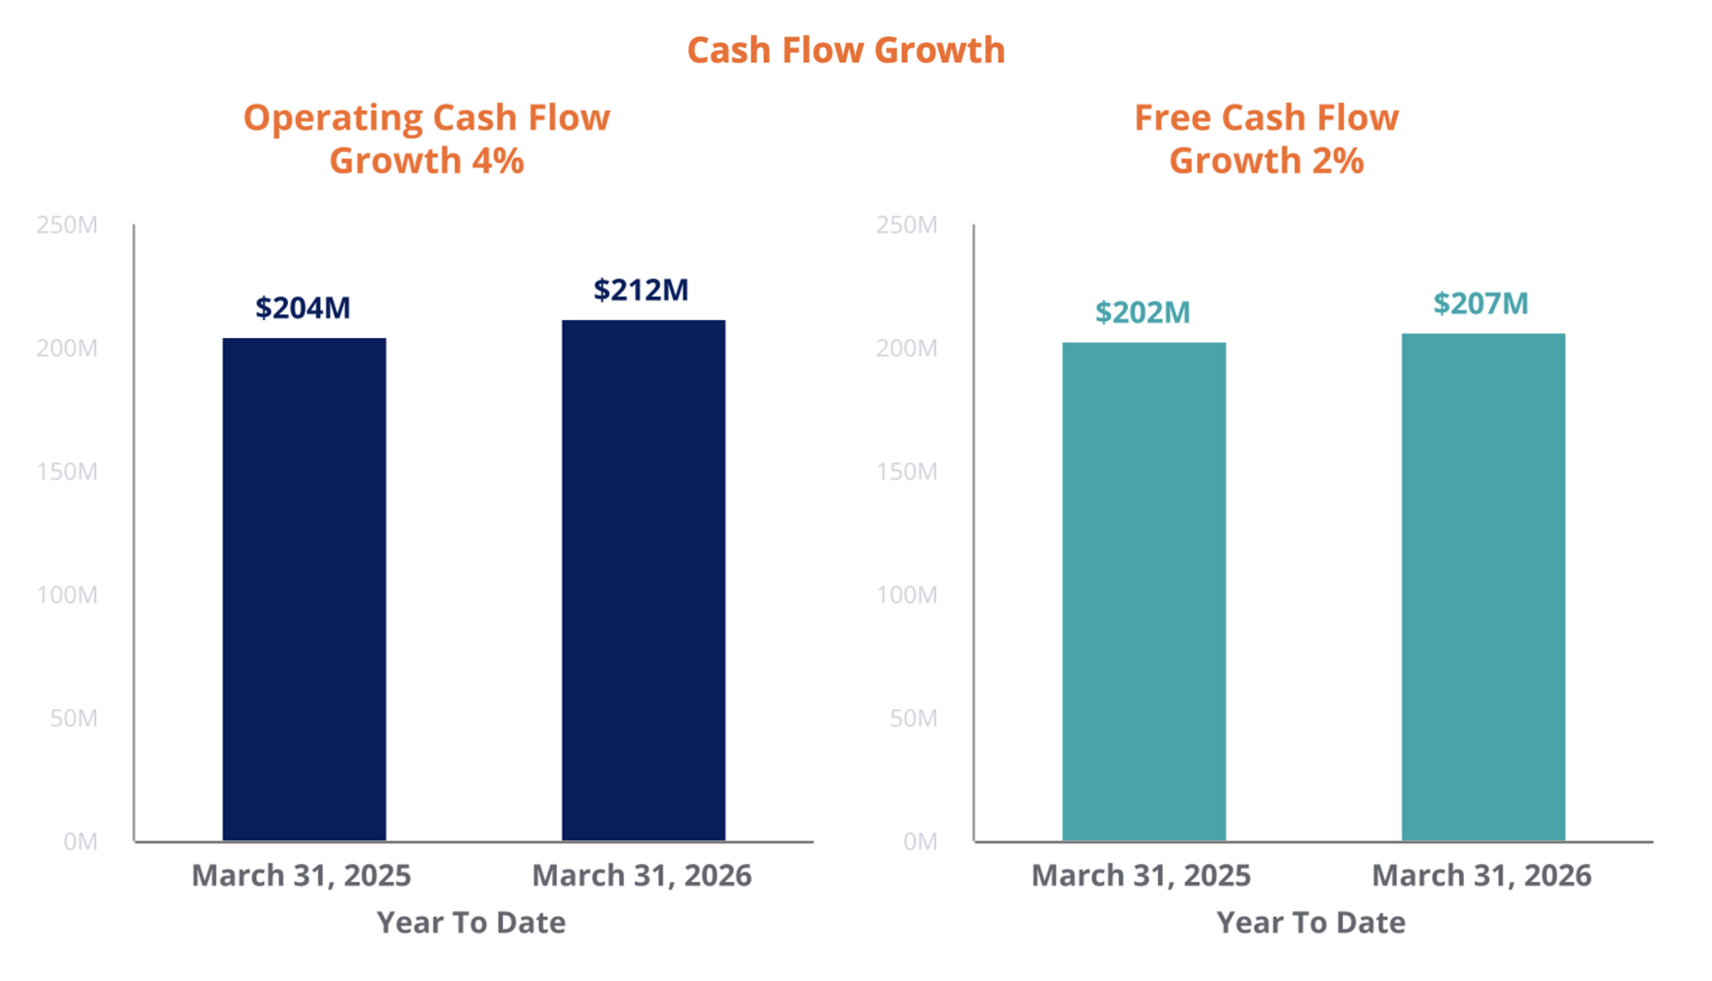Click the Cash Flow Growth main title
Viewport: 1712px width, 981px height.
click(x=845, y=51)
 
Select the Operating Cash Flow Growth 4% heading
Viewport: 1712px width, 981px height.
click(x=426, y=139)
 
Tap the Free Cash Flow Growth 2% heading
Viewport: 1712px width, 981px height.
click(x=1266, y=139)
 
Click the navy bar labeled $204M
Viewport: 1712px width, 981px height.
click(x=304, y=589)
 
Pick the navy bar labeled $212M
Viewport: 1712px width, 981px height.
click(x=643, y=580)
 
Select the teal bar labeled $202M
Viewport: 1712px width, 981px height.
click(x=1144, y=590)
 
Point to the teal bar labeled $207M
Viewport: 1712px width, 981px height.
click(x=1483, y=586)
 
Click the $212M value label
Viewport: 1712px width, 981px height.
click(x=641, y=290)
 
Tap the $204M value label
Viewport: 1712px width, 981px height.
click(x=302, y=308)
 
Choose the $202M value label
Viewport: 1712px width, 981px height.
click(x=1142, y=312)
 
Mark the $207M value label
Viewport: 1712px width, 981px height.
click(x=1480, y=303)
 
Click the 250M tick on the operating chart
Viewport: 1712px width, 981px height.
click(x=67, y=225)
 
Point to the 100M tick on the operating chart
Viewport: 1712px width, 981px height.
click(x=67, y=595)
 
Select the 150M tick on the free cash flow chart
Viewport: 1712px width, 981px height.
click(x=907, y=472)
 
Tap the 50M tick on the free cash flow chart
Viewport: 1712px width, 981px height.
click(x=913, y=718)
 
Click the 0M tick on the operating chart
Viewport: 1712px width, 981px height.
click(x=80, y=842)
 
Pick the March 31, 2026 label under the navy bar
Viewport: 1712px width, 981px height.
click(x=641, y=876)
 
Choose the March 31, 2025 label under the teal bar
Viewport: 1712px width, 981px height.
click(x=1140, y=876)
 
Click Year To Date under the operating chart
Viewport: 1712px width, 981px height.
click(x=471, y=922)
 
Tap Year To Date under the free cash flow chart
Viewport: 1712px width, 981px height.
click(x=1311, y=922)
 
